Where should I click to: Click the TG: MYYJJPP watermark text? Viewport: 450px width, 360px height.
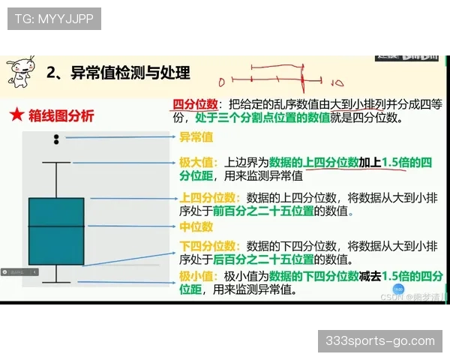tap(53, 19)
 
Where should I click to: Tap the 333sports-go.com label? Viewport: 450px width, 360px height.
tap(380, 341)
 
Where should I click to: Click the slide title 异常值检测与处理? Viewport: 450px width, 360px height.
tap(129, 72)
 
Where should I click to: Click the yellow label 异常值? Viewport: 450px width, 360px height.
tap(196, 137)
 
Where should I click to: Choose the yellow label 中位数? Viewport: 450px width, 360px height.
tap(196, 226)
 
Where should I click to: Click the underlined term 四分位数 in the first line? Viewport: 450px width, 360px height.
tap(194, 104)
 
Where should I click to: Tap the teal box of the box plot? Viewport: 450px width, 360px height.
tap(56, 231)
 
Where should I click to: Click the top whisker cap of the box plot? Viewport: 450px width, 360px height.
tap(56, 162)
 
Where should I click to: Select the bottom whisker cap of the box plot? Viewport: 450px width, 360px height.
tap(56, 282)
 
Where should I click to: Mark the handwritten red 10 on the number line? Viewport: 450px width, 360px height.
tap(337, 82)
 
